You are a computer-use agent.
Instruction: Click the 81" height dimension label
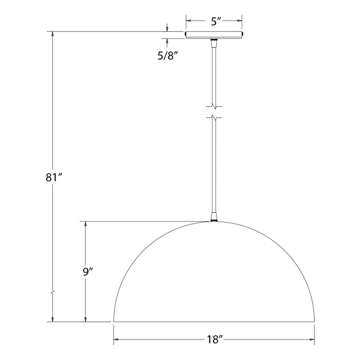point(53,177)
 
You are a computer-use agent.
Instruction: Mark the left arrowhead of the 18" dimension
point(117,340)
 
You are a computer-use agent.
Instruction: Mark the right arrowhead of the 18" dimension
point(311,340)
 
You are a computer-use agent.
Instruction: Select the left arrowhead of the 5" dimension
point(189,21)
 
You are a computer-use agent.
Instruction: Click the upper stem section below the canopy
point(214,72)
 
